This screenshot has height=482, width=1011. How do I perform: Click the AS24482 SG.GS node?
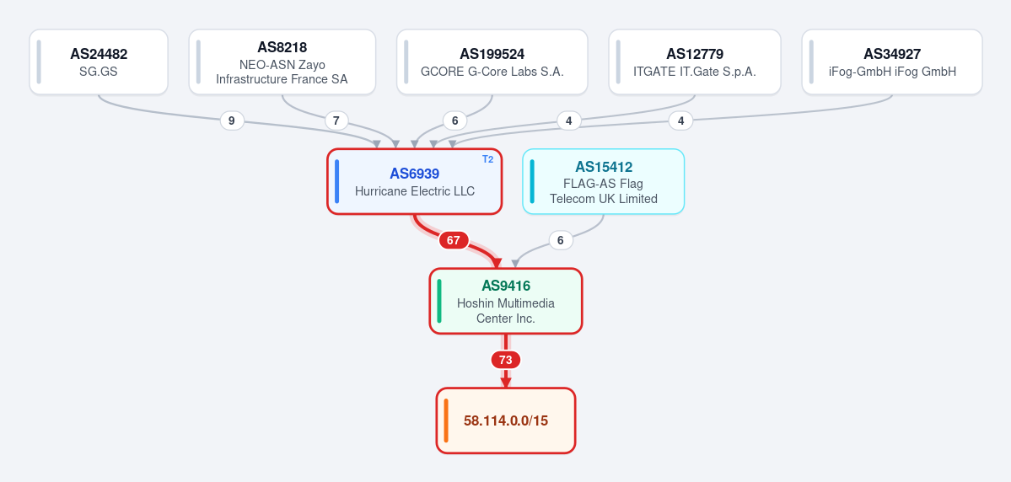click(x=99, y=62)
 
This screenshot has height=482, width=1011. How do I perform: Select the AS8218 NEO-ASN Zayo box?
click(x=282, y=62)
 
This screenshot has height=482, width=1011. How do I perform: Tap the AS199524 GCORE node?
click(x=492, y=62)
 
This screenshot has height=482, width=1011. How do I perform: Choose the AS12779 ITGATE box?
click(x=695, y=62)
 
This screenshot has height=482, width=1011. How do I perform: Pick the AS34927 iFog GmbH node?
click(x=892, y=62)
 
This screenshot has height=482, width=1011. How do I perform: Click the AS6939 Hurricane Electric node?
click(x=415, y=181)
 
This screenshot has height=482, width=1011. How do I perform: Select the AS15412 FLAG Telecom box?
click(x=604, y=181)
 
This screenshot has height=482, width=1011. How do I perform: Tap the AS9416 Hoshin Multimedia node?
click(x=506, y=301)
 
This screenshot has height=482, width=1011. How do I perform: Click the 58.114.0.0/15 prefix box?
click(x=506, y=420)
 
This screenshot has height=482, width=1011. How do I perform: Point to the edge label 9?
click(x=232, y=121)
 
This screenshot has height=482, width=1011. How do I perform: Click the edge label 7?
click(x=336, y=121)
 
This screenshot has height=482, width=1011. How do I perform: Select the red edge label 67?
click(x=454, y=240)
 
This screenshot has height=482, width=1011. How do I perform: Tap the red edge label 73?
click(x=506, y=360)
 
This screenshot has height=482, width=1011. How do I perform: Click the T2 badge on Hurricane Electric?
click(x=488, y=159)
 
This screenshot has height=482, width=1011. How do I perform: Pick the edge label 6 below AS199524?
click(x=455, y=121)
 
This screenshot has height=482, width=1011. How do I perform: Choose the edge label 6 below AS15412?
click(x=561, y=240)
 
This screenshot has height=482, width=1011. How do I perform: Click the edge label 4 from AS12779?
click(x=568, y=121)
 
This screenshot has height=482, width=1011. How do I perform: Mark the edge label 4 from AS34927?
click(x=680, y=121)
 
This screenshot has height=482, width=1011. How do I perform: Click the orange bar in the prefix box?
click(x=446, y=420)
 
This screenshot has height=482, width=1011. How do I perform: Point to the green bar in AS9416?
click(x=440, y=301)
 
